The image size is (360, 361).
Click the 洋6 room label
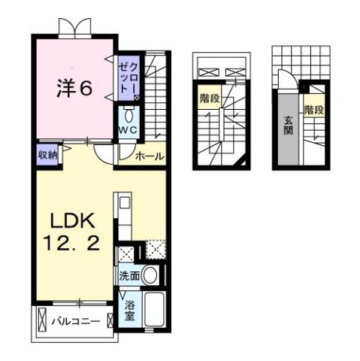pos(76,88)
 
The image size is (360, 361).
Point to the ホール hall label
pos(149,156)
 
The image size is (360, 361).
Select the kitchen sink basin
pos(124,203)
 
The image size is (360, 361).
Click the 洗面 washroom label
pos(129,276)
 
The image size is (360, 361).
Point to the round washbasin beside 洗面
pos(151,276)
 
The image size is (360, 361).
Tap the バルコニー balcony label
pos(75,322)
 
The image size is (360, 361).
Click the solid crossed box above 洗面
pos(128,253)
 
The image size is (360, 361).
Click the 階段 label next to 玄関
pos(314,110)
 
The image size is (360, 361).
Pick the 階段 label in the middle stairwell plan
pos(210,98)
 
